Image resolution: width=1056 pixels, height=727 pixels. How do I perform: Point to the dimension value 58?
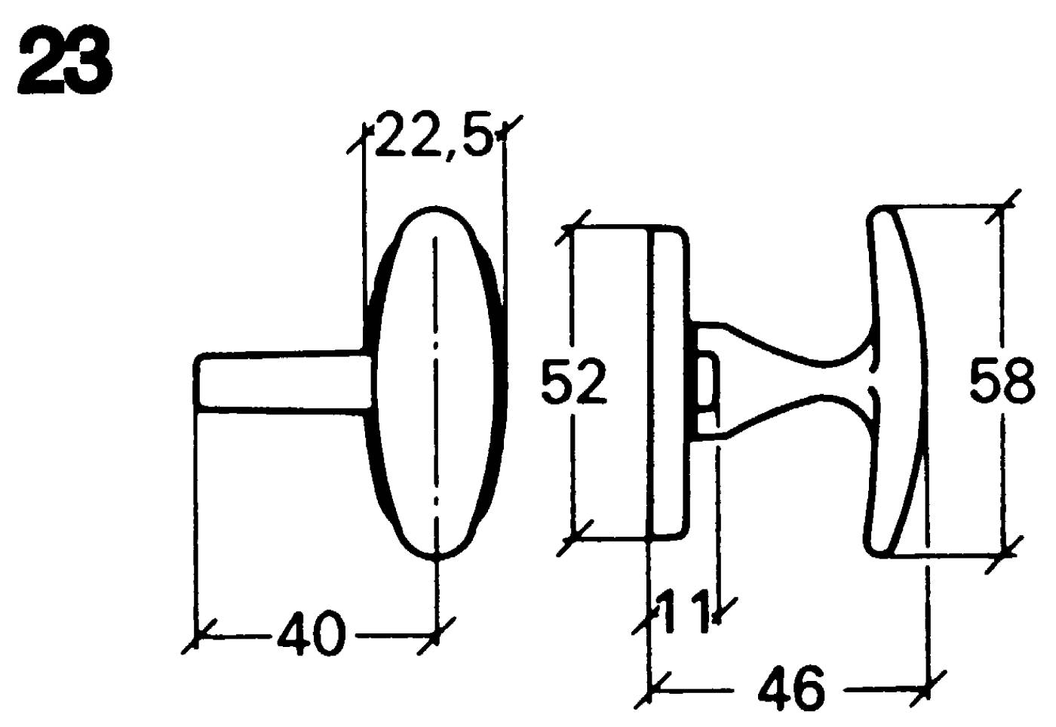click(1002, 380)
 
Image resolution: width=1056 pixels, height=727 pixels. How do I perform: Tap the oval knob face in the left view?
click(436, 383)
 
